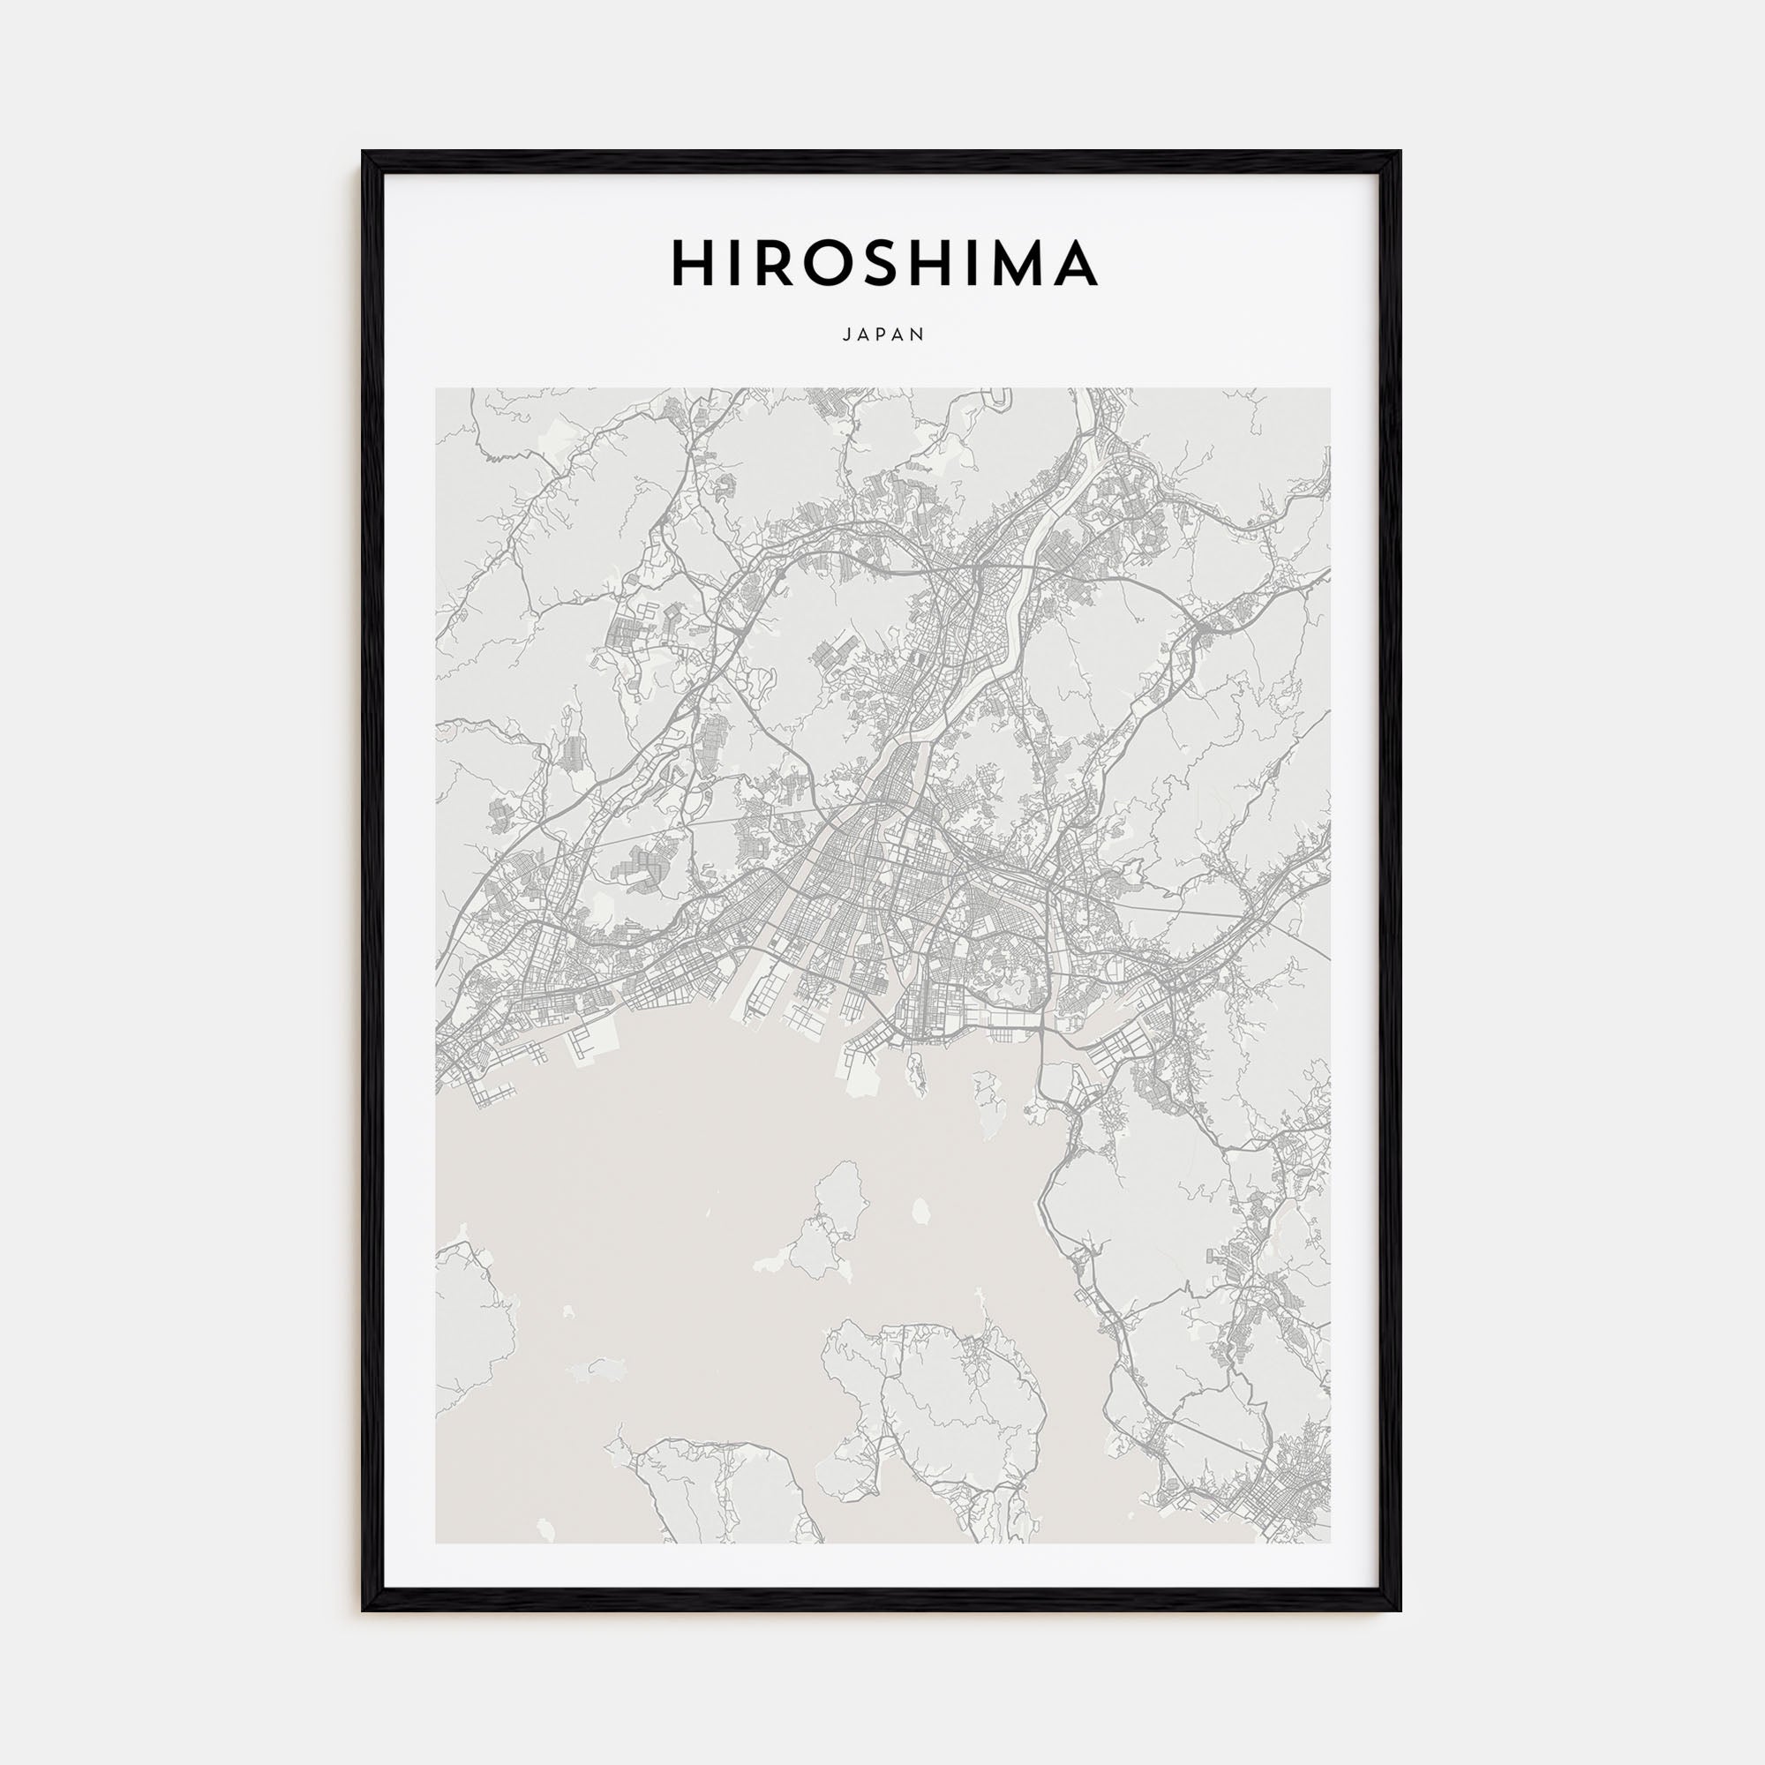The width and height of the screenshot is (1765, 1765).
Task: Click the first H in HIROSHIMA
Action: [x=693, y=263]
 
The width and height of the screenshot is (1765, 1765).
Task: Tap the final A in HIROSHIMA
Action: [x=1077, y=263]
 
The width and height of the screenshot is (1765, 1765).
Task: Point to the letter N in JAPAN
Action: [x=920, y=335]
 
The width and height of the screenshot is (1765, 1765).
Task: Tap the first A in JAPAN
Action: [x=863, y=335]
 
